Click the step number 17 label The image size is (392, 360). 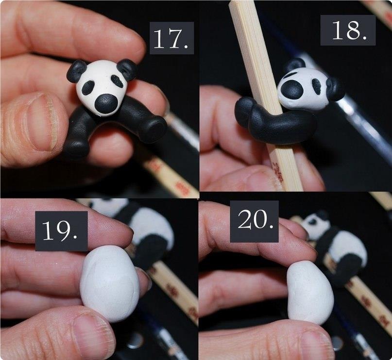click(x=171, y=38)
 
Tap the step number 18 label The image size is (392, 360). click(x=348, y=30)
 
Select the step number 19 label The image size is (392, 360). click(x=61, y=231)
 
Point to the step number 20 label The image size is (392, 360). click(x=254, y=221)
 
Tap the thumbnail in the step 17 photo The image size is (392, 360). click(x=41, y=122)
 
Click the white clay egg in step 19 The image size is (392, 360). click(x=109, y=283)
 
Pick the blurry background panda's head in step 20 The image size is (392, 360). click(x=316, y=225)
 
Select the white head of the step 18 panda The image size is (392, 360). click(x=303, y=89)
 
